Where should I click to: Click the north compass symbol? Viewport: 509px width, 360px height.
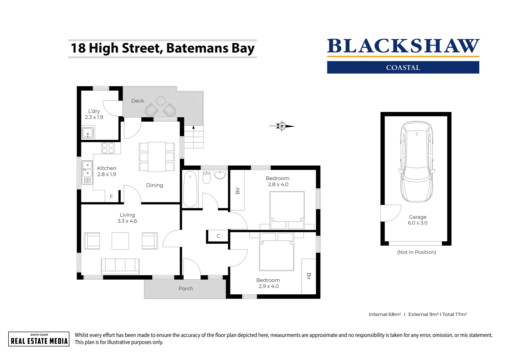click(282, 126)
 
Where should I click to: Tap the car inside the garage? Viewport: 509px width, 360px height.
click(417, 162)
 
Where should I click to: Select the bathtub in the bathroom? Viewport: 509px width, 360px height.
click(190, 189)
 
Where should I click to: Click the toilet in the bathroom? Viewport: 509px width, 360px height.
click(207, 177)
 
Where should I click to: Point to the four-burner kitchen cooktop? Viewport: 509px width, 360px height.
click(108, 148)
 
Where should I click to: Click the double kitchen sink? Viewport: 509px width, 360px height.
click(87, 169)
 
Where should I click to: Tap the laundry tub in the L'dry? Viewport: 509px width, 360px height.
click(88, 133)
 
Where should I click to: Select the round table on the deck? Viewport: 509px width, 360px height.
click(161, 101)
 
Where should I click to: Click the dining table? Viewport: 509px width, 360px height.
click(157, 157)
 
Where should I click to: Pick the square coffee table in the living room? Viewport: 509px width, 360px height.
click(120, 241)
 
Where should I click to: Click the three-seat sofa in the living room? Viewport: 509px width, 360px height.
click(120, 266)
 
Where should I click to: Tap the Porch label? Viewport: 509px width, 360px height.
click(186, 289)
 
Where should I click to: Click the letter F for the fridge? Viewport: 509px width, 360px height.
click(111, 197)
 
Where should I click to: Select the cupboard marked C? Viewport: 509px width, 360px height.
click(218, 236)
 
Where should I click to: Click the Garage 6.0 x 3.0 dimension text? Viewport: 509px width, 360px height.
click(417, 220)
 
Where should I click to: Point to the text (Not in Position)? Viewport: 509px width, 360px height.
click(416, 252)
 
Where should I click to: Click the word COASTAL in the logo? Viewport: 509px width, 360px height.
click(403, 68)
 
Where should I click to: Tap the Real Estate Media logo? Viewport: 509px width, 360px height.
click(39, 339)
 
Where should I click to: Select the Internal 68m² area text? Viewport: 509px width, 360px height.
click(384, 314)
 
